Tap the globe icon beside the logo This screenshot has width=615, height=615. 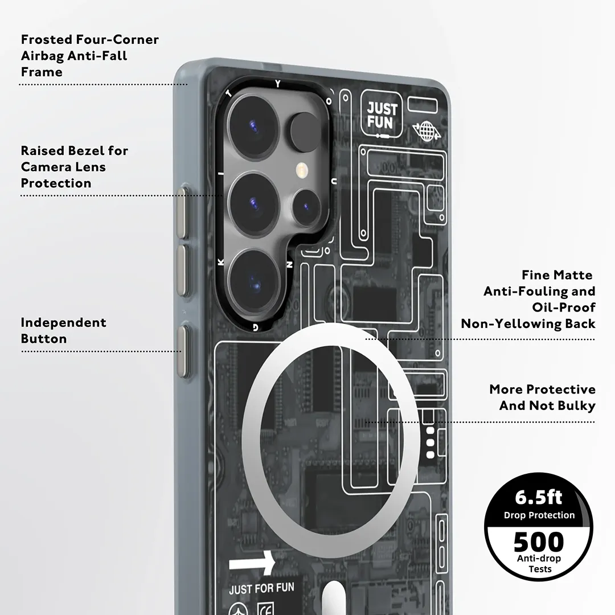tap(426, 130)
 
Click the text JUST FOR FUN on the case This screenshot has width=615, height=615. tap(261, 588)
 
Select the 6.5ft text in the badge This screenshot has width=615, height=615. tap(538, 497)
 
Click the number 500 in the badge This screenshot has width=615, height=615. tap(538, 542)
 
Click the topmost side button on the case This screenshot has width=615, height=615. tap(182, 212)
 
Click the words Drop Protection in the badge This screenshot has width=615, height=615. tap(539, 515)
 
